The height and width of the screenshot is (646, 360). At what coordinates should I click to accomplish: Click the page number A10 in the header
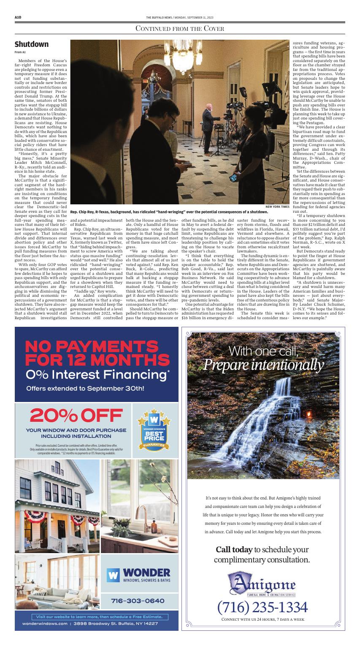coord(18,17)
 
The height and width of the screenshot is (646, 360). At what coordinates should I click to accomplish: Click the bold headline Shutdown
coord(31,44)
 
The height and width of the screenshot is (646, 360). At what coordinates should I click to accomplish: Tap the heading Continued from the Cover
coord(179,29)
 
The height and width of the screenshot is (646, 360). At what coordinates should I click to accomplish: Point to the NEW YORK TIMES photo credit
coord(277,206)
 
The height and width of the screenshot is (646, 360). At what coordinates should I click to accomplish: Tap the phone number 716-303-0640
coord(138,600)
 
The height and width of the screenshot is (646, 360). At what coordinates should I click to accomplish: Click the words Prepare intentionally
coord(264,364)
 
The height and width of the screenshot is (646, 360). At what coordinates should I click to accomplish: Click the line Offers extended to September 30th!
coord(85,388)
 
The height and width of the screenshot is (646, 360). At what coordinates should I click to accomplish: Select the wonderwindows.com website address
coord(45,623)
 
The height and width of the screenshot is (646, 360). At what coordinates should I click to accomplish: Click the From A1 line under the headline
coord(20,52)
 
